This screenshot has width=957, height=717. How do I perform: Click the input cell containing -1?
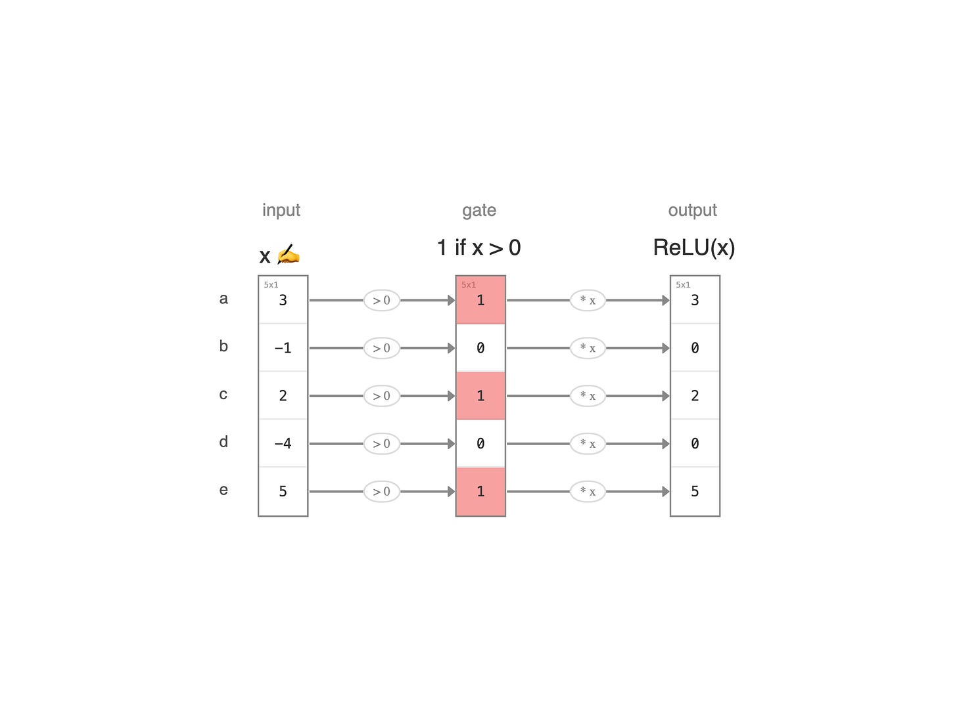pos(283,347)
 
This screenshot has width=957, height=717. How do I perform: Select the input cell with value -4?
pos(283,443)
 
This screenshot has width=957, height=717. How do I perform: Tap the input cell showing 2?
pos(283,395)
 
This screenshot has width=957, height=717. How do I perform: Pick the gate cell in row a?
pos(480,300)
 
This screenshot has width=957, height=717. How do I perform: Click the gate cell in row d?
pos(480,443)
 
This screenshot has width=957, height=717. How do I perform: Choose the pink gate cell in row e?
pos(480,492)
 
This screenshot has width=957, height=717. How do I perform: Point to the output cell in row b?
pos(695,347)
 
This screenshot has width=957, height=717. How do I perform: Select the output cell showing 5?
pos(695,492)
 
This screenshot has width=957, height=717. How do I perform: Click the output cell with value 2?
pos(695,395)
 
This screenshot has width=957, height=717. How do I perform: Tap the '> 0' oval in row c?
pos(381,396)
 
